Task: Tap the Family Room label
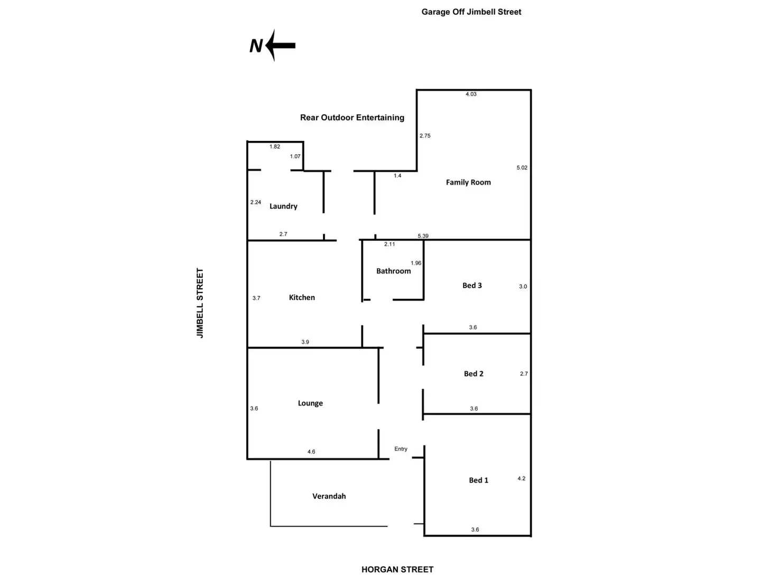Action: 468,182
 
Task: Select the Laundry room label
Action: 283,206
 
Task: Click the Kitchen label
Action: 302,297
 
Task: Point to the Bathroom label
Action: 393,271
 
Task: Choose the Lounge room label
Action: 310,403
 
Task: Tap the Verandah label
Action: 329,496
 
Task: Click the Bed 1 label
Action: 478,480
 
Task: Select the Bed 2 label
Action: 474,373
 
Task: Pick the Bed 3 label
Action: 472,285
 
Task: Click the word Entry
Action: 401,449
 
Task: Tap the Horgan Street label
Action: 397,569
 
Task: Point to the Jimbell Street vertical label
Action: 200,303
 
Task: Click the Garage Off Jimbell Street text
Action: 471,12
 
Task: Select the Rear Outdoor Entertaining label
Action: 352,117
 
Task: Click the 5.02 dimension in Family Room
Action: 522,167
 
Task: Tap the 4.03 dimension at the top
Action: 471,94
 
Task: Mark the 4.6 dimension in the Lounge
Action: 311,452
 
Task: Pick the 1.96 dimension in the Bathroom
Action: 416,263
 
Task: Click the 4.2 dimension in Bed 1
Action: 521,478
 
